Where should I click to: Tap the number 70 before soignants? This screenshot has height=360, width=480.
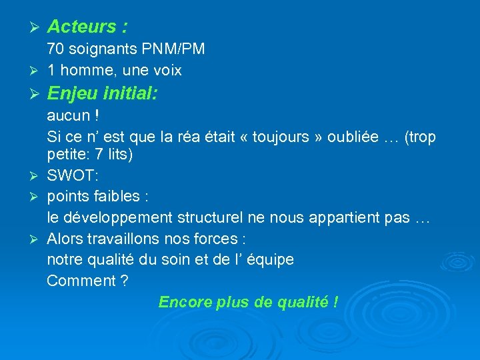click(55, 49)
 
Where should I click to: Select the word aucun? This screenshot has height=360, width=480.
click(68, 116)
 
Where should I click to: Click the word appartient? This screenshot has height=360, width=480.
click(344, 218)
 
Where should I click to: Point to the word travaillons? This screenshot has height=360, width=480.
click(125, 239)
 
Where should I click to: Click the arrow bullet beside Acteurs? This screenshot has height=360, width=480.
click(37, 27)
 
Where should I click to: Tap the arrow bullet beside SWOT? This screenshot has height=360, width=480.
click(37, 177)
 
